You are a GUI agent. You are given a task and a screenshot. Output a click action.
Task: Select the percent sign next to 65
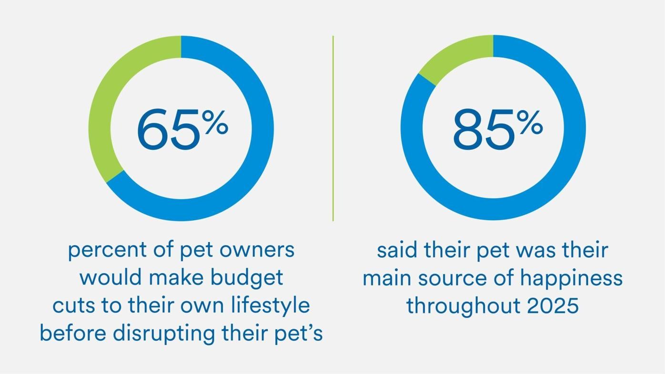(215, 122)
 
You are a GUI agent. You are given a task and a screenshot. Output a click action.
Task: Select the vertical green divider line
(333, 129)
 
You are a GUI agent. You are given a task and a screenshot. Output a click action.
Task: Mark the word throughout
(463, 306)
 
